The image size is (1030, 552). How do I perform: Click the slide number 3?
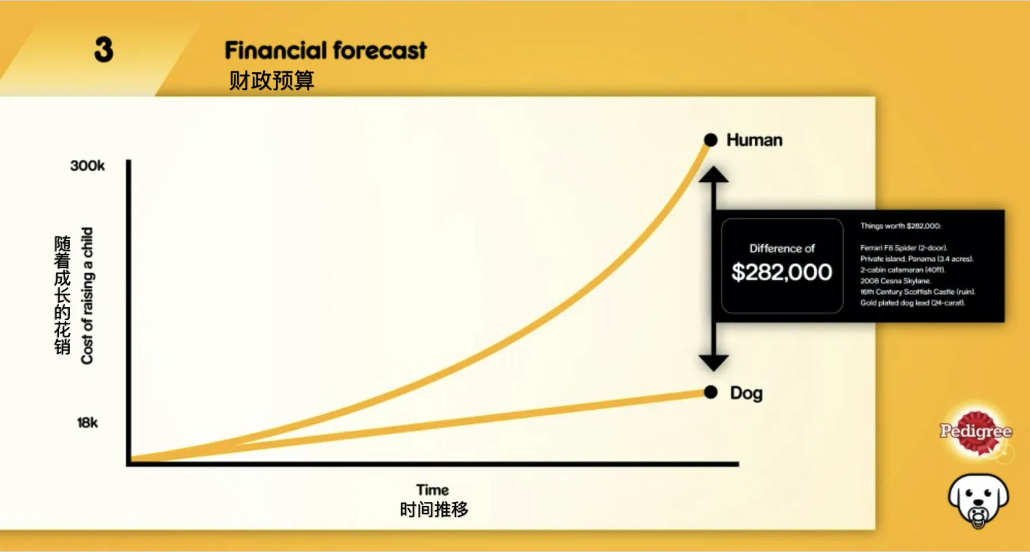[104, 50]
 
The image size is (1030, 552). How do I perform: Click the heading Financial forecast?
[325, 50]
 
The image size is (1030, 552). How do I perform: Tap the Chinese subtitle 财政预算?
[271, 81]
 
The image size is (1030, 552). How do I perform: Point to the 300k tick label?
[87, 165]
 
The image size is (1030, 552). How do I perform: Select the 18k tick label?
[87, 422]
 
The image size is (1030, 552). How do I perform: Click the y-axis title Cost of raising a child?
[87, 296]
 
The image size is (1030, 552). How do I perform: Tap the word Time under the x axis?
[432, 490]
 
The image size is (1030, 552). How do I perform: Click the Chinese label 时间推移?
[434, 510]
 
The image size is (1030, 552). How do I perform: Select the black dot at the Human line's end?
[710, 140]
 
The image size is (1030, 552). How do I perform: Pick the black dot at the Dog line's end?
[710, 393]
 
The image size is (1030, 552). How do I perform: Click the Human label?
[754, 140]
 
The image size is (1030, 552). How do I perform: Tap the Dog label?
[746, 393]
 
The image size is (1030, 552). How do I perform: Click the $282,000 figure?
[782, 273]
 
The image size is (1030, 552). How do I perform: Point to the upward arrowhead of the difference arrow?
[714, 174]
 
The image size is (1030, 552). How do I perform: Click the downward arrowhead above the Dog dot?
[714, 363]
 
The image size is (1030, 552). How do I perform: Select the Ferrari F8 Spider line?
[903, 248]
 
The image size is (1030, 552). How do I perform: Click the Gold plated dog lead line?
[913, 302]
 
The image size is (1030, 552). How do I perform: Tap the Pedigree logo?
[976, 432]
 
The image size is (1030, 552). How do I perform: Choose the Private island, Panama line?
[917, 259]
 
